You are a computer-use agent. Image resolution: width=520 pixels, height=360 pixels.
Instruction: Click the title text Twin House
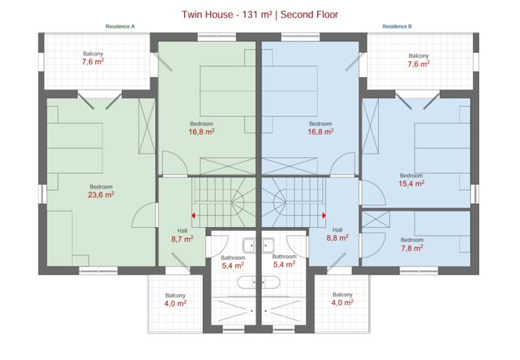[x=207, y=15]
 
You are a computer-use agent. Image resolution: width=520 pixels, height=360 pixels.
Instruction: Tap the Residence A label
[x=120, y=27]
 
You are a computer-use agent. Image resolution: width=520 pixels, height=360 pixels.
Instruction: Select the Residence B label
[x=397, y=27]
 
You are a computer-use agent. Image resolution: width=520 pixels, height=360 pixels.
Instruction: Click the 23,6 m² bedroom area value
[x=101, y=195]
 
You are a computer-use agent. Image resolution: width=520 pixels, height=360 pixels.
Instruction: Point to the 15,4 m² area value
[x=412, y=183]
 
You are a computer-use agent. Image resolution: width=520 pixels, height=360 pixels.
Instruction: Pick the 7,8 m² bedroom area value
[x=412, y=248]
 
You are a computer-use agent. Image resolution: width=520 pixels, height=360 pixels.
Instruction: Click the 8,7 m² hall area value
[x=183, y=239]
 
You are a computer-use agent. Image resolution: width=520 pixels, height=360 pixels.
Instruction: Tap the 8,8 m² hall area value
[x=337, y=238]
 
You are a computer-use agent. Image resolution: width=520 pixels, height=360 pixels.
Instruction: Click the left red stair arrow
[x=193, y=216]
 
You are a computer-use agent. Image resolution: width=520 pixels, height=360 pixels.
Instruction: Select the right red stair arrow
[x=324, y=215]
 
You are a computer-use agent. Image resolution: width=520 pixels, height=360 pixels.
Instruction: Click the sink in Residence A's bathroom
[x=249, y=246]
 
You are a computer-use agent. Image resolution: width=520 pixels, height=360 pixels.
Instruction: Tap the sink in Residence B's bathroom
[x=268, y=246]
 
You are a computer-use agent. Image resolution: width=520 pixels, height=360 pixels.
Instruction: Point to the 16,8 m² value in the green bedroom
[x=201, y=132]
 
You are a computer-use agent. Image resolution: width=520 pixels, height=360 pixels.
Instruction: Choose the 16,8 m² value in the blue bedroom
[x=321, y=132]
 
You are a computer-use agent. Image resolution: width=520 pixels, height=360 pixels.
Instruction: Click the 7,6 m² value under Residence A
[x=93, y=62]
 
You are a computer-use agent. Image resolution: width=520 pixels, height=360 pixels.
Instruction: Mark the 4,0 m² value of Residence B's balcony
[x=342, y=303]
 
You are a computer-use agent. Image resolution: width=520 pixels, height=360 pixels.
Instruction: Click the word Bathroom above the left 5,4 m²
[x=233, y=258]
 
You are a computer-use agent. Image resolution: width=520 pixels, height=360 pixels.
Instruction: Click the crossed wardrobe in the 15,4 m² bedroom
[x=370, y=126]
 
